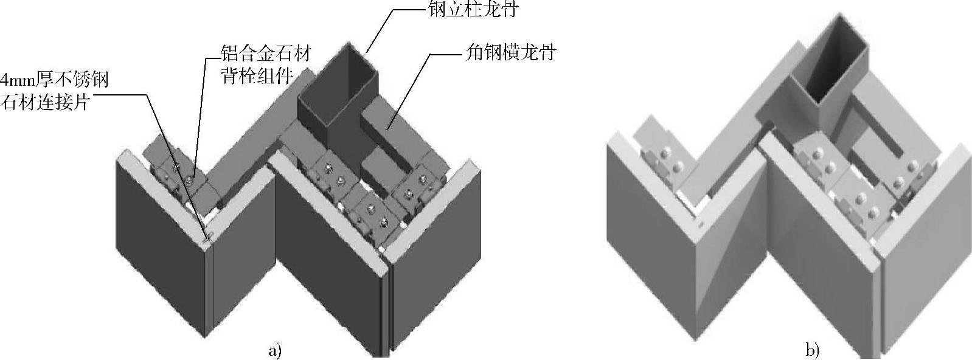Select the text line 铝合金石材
[x=267, y=54]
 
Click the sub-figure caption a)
[x=275, y=350]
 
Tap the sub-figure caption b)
[x=813, y=350]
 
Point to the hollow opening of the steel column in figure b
[x=836, y=67]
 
